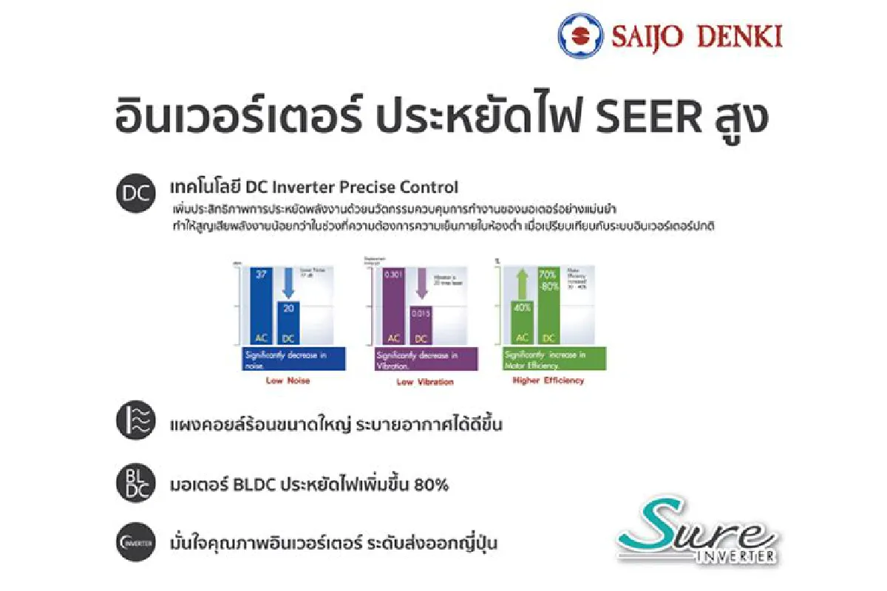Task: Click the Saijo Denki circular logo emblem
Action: coord(581,36)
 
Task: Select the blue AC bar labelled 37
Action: coord(259,304)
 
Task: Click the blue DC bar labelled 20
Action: coord(288,321)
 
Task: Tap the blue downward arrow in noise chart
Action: coord(288,284)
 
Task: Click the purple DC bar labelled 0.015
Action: coord(421,325)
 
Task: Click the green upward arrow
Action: coord(522,284)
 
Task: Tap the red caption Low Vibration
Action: coord(425,382)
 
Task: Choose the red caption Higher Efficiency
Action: coord(548,380)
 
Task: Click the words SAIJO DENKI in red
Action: coord(696,36)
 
